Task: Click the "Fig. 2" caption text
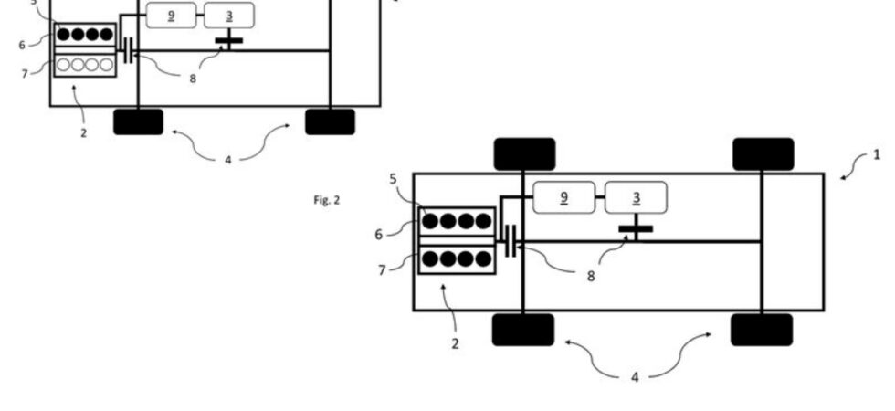click(x=327, y=200)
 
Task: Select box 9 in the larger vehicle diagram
click(x=564, y=197)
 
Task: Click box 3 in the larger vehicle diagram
click(x=636, y=197)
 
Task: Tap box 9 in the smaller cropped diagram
click(x=172, y=16)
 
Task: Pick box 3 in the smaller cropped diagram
click(x=229, y=16)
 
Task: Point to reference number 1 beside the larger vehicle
click(x=878, y=154)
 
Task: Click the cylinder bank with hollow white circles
click(x=85, y=65)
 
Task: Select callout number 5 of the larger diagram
click(x=394, y=179)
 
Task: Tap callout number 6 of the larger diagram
click(x=379, y=234)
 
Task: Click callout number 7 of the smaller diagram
click(x=25, y=74)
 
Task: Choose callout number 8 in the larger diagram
click(x=591, y=276)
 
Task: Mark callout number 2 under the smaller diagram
click(x=84, y=133)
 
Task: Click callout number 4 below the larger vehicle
click(x=635, y=377)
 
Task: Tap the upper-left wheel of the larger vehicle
click(x=524, y=154)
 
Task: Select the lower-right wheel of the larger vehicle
click(x=762, y=330)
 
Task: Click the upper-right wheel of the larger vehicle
click(x=763, y=154)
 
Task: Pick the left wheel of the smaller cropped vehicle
click(x=138, y=122)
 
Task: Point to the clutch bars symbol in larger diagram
click(x=511, y=241)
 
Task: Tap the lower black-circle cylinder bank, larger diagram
click(x=457, y=259)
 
